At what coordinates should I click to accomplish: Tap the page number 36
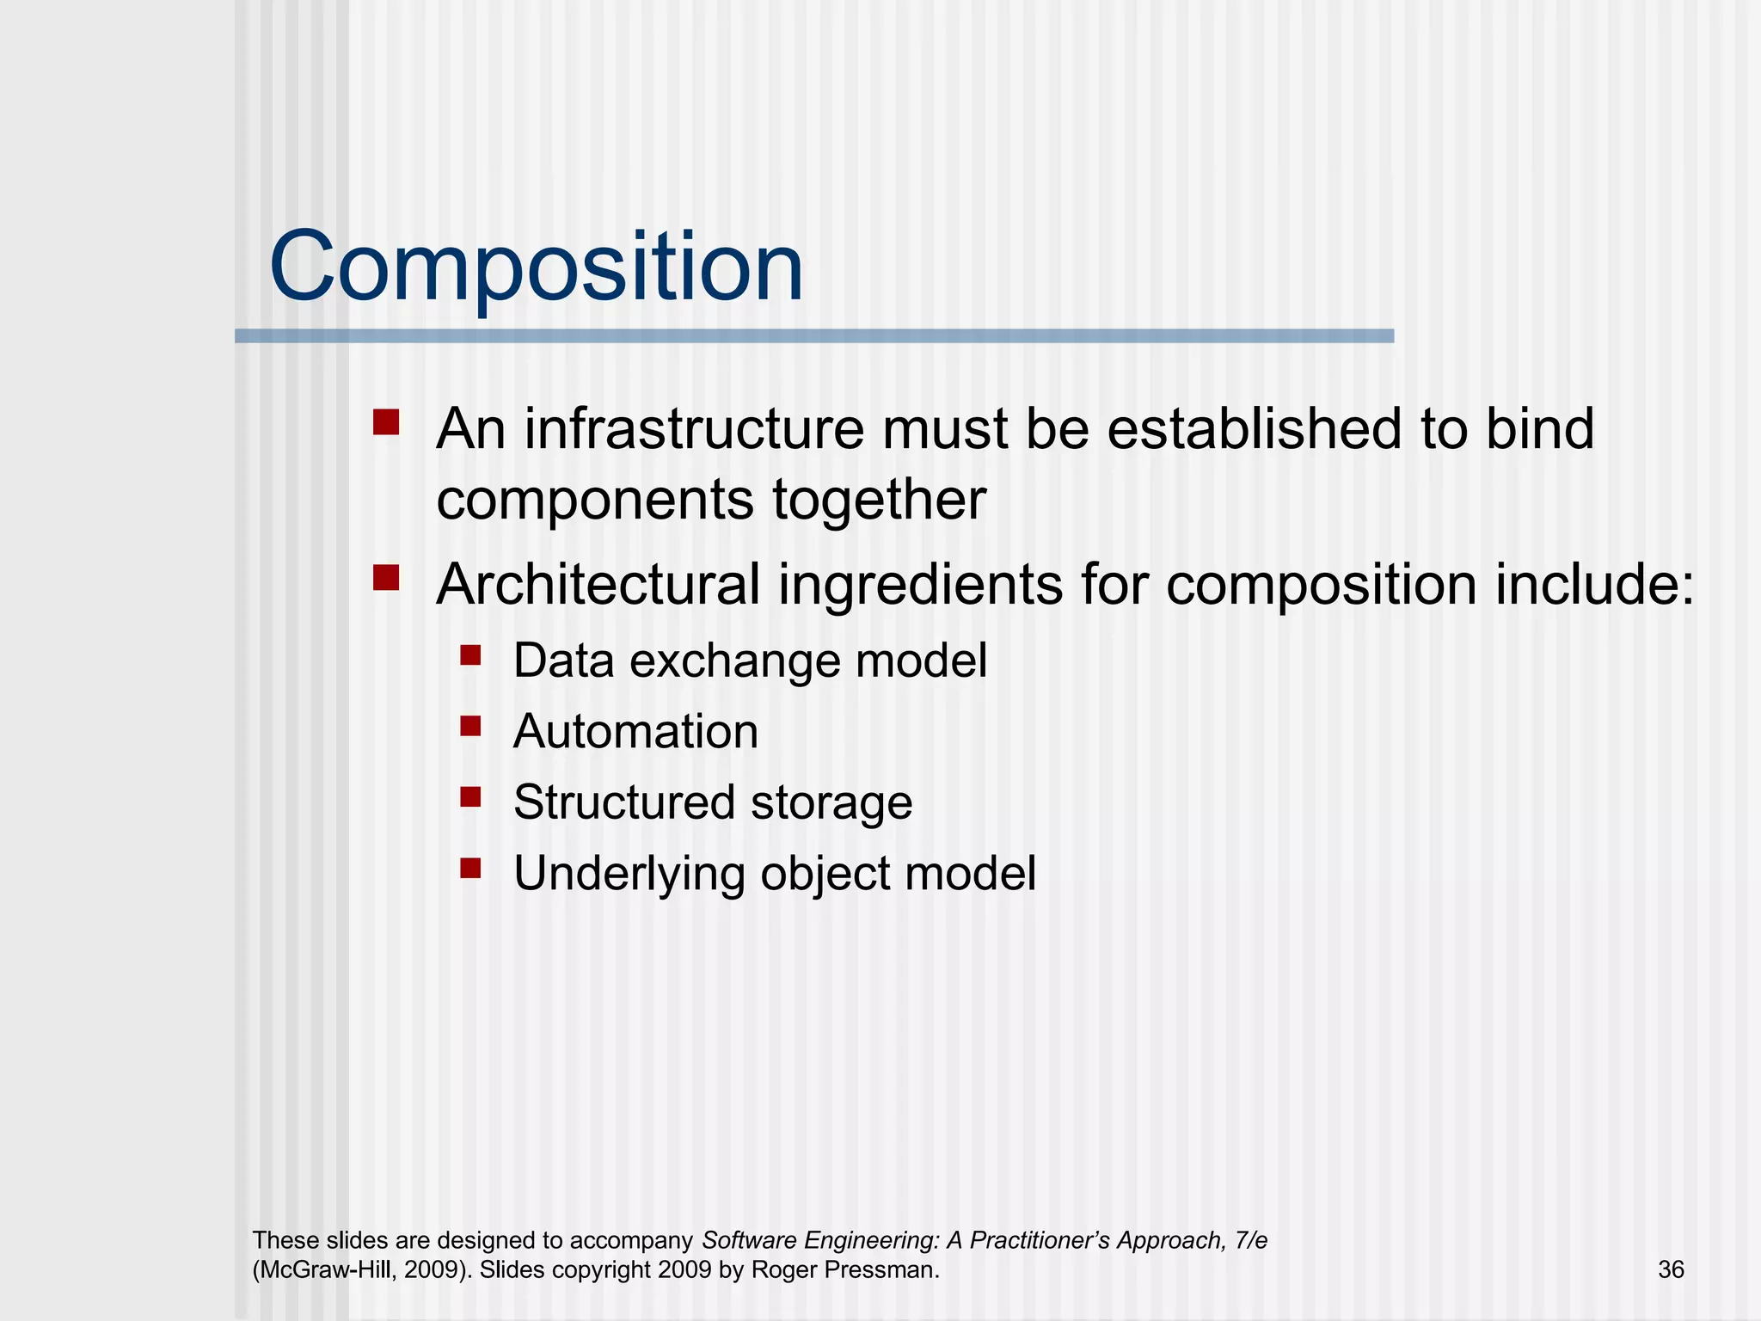pyautogui.click(x=1670, y=1269)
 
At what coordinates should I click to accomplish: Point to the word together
pyautogui.click(x=879, y=501)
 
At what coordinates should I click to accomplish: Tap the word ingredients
pyautogui.click(x=921, y=585)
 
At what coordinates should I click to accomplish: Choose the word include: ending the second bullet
pyautogui.click(x=1594, y=585)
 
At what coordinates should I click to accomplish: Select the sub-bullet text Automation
pyautogui.click(x=635, y=732)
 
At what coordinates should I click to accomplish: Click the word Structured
pyautogui.click(x=624, y=802)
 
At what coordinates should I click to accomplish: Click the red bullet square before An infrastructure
pyautogui.click(x=386, y=422)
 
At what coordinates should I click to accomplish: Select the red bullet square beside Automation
pyautogui.click(x=470, y=727)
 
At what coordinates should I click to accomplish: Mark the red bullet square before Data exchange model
pyautogui.click(x=470, y=656)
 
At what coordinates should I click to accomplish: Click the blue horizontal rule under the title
pyautogui.click(x=813, y=336)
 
